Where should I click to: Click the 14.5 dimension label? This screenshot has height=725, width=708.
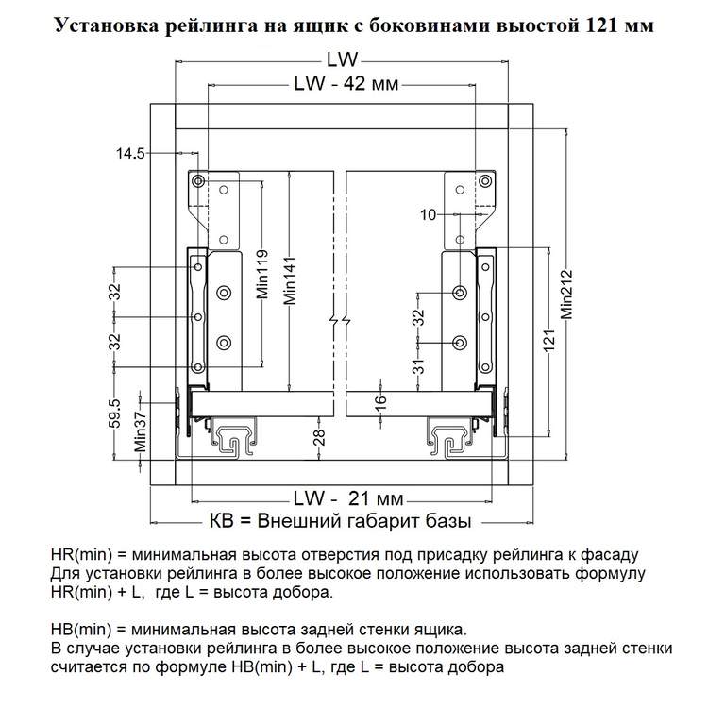coord(130,153)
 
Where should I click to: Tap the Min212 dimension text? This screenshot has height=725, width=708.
coord(566,295)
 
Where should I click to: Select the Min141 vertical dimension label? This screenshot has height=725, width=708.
coord(290,280)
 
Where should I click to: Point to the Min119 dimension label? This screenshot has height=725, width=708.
coord(262,274)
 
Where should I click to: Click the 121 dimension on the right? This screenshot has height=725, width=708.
coord(548,341)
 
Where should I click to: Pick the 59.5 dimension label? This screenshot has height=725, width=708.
coord(115,413)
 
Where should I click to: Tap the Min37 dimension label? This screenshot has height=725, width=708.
coord(140,431)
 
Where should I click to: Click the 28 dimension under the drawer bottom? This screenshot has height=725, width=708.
coord(319,437)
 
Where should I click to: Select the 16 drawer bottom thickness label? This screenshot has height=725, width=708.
coord(379,400)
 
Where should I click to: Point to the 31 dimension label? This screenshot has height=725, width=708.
coord(418,366)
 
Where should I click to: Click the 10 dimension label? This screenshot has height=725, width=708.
coord(429,214)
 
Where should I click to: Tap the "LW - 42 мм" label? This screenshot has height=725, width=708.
coord(346,84)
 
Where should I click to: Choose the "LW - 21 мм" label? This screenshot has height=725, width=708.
coord(348,498)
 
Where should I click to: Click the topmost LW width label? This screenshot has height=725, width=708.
coord(343,59)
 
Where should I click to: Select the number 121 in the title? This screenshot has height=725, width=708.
coord(600,25)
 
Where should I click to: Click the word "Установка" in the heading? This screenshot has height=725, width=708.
coord(108,25)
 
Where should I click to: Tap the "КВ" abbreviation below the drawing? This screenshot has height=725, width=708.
coord(222,521)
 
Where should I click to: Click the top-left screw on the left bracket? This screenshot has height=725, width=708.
coord(198,181)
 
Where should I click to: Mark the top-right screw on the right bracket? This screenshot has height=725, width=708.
coord(485,181)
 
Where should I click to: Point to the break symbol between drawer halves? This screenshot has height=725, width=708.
coord(340,320)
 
